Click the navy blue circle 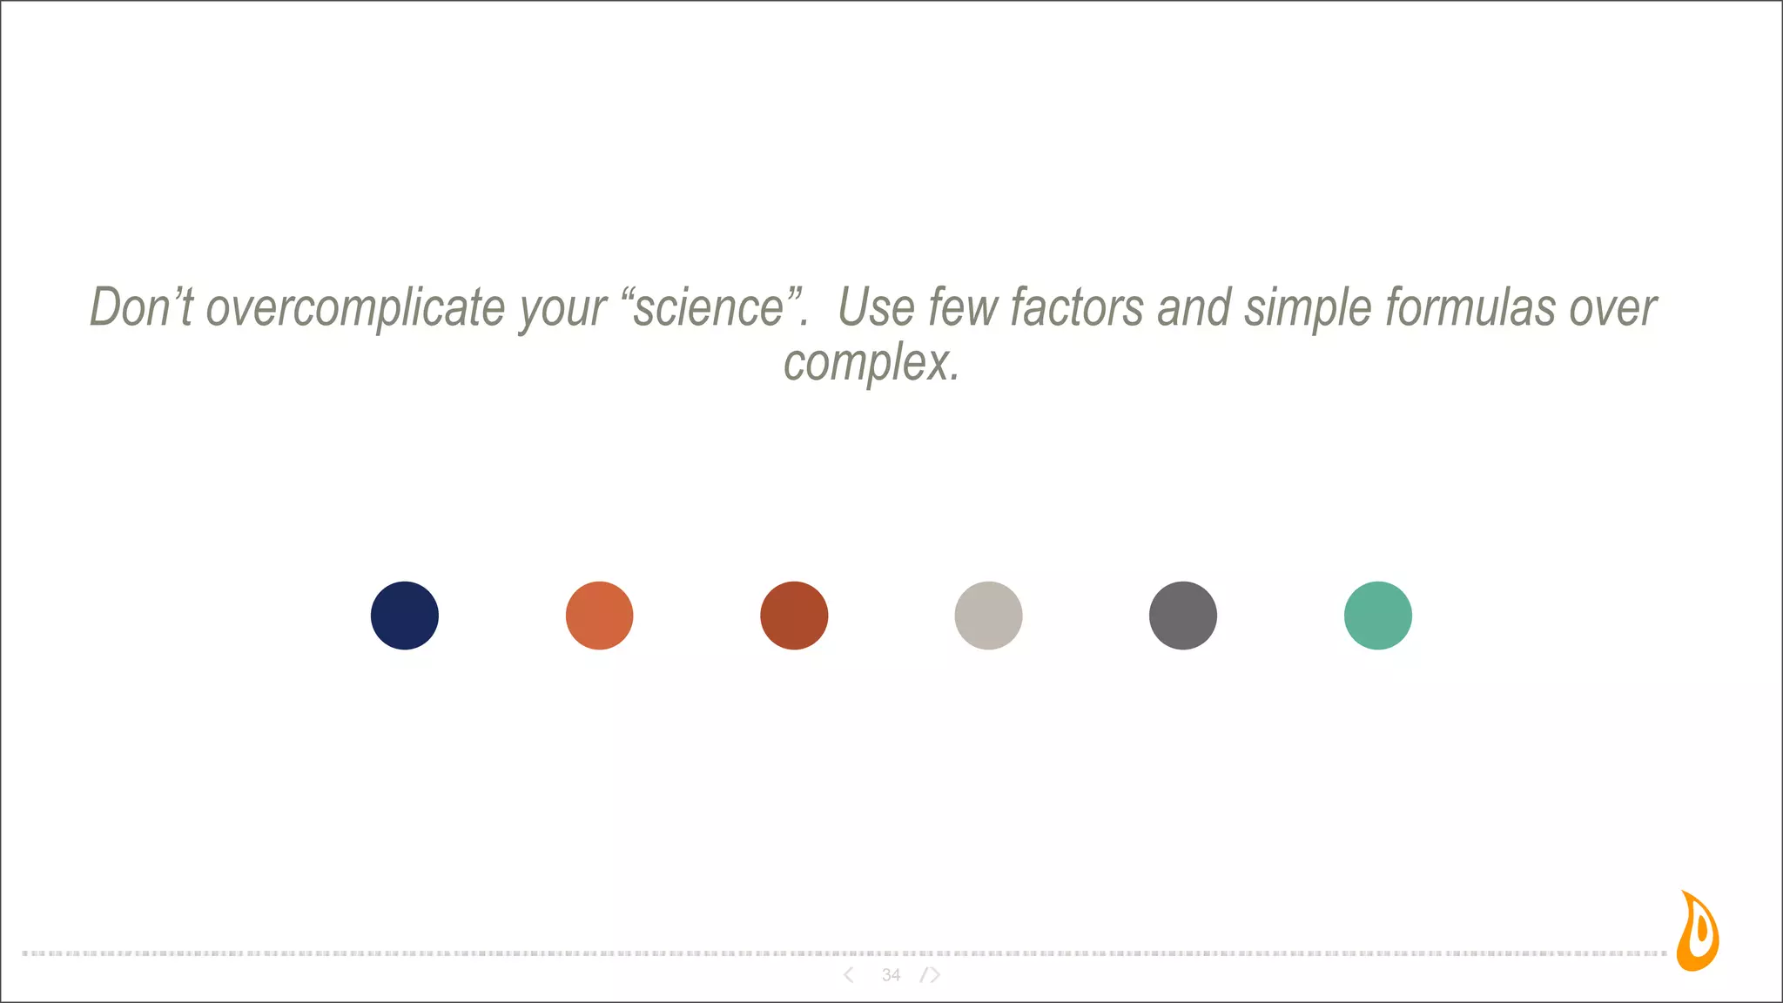click(x=405, y=616)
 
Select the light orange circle click(x=599, y=616)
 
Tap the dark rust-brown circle click(x=794, y=616)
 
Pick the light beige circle click(x=988, y=616)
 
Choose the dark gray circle click(x=1183, y=616)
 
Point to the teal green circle click(x=1378, y=616)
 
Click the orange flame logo click(x=1699, y=932)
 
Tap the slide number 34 click(x=891, y=975)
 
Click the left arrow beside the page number click(x=849, y=975)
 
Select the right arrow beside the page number click(x=932, y=975)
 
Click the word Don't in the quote click(x=141, y=307)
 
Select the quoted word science click(x=709, y=307)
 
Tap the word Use click(x=875, y=307)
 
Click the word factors click(x=1077, y=307)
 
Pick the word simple click(x=1308, y=309)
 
